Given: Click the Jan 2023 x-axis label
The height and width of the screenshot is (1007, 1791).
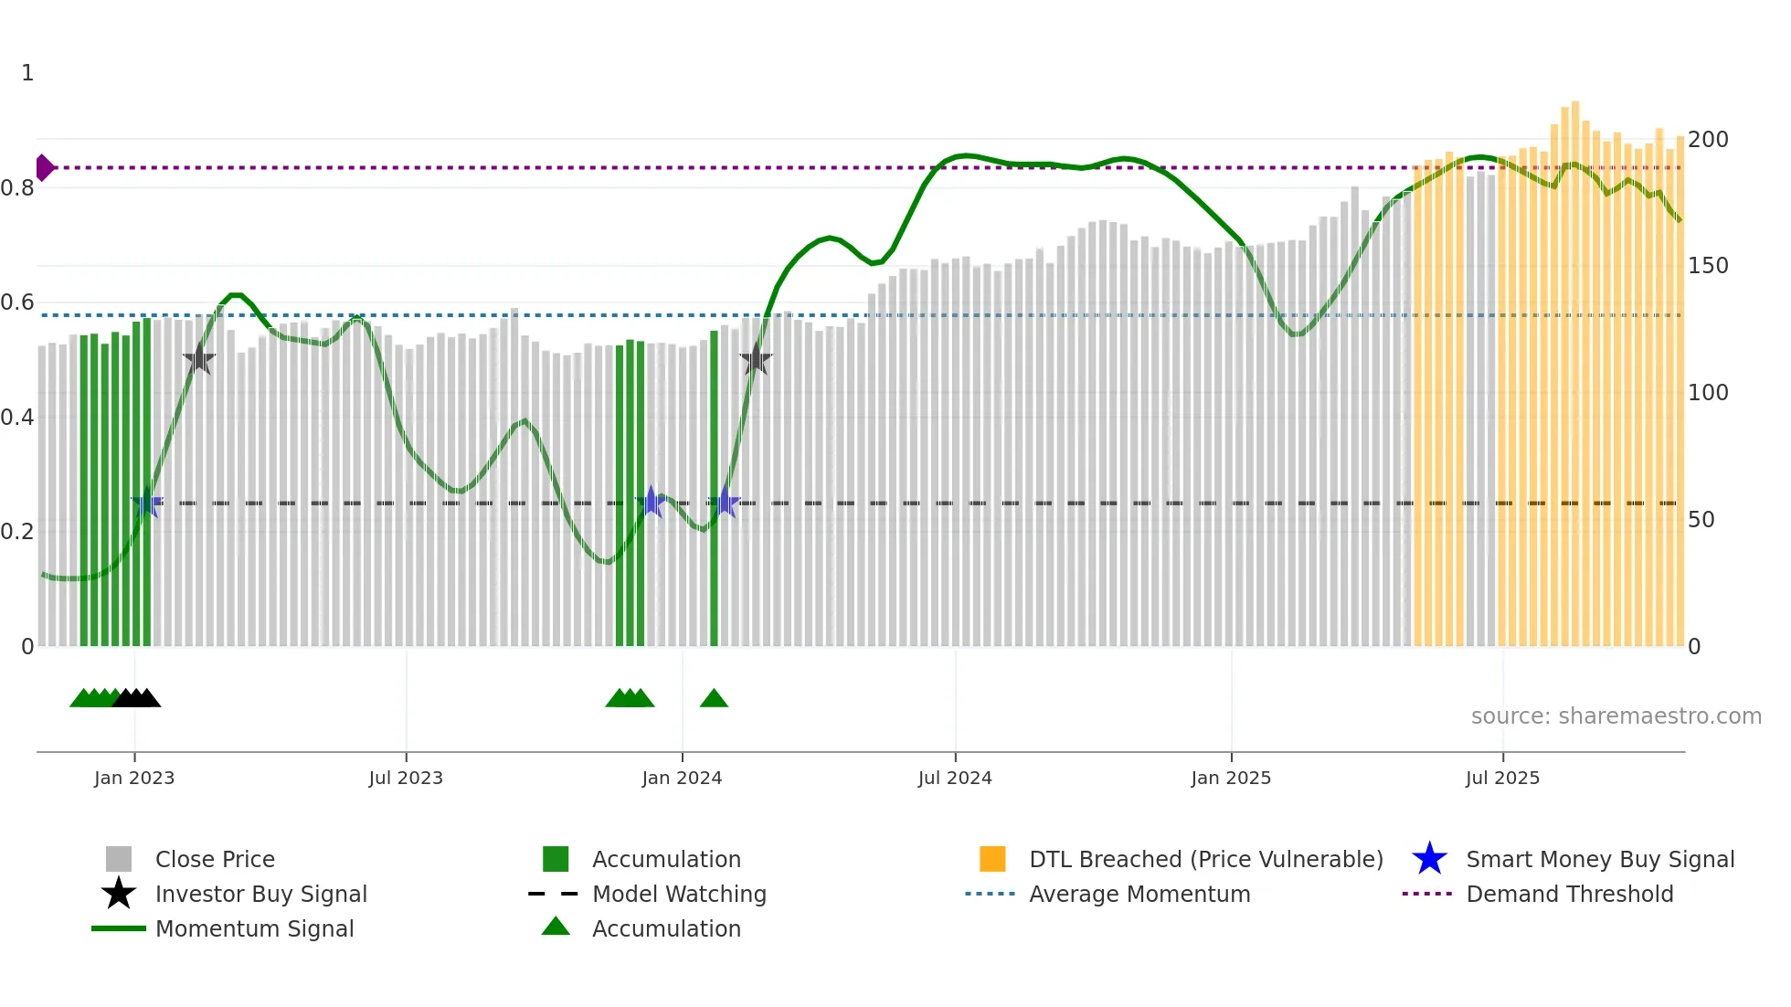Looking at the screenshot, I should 134,778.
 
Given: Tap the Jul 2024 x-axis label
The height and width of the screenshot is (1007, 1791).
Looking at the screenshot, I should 955,778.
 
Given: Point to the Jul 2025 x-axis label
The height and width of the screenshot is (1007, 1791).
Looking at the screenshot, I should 1502,778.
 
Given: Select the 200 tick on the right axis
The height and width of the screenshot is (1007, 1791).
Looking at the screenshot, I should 1708,140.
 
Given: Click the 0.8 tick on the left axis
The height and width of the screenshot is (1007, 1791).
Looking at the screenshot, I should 17,188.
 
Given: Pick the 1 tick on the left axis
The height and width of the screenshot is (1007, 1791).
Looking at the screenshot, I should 27,73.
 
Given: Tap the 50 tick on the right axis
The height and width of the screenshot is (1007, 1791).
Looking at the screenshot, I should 1701,520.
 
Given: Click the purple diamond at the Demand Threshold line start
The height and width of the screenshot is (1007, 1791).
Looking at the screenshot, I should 44,168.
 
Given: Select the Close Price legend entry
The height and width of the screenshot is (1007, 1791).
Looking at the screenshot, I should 215,859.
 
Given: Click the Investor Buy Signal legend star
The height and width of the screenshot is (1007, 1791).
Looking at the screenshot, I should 119,894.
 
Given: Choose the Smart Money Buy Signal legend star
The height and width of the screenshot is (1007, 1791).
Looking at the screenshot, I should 1429,859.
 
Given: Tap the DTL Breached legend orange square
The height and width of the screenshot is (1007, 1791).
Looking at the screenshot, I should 992,859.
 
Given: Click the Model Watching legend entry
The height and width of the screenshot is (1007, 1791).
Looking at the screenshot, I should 679,894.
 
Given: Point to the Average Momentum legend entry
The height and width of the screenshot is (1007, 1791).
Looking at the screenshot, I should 1139,894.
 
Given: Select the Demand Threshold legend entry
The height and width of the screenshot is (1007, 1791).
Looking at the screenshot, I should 1569,894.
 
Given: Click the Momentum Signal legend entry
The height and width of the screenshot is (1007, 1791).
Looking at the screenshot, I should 254,928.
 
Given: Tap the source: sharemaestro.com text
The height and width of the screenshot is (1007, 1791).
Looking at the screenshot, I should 1616,716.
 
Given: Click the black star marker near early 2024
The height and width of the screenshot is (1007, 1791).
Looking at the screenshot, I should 756,360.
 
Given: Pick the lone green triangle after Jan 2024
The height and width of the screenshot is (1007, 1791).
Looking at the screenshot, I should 714,699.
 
